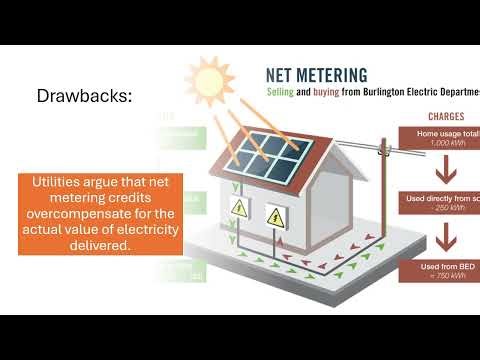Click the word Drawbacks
tap(84, 97)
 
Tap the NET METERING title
tap(315, 74)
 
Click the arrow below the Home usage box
tap(441, 169)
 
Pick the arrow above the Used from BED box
tap(441, 236)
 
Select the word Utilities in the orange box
tap(60, 181)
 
